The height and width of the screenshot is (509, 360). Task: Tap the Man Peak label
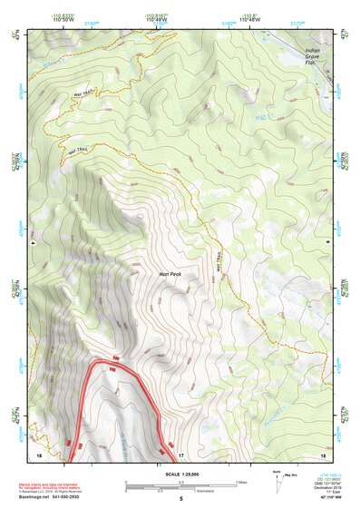pyautogui.click(x=170, y=271)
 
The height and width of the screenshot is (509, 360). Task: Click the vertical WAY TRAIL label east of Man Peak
pyautogui.click(x=218, y=262)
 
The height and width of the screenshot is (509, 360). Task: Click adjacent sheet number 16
pyautogui.click(x=39, y=454)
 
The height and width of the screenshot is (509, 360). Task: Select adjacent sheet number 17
pyautogui.click(x=180, y=454)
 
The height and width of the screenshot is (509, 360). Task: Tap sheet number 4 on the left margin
pyautogui.click(x=32, y=242)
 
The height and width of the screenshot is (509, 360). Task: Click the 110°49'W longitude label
pyautogui.click(x=160, y=20)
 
